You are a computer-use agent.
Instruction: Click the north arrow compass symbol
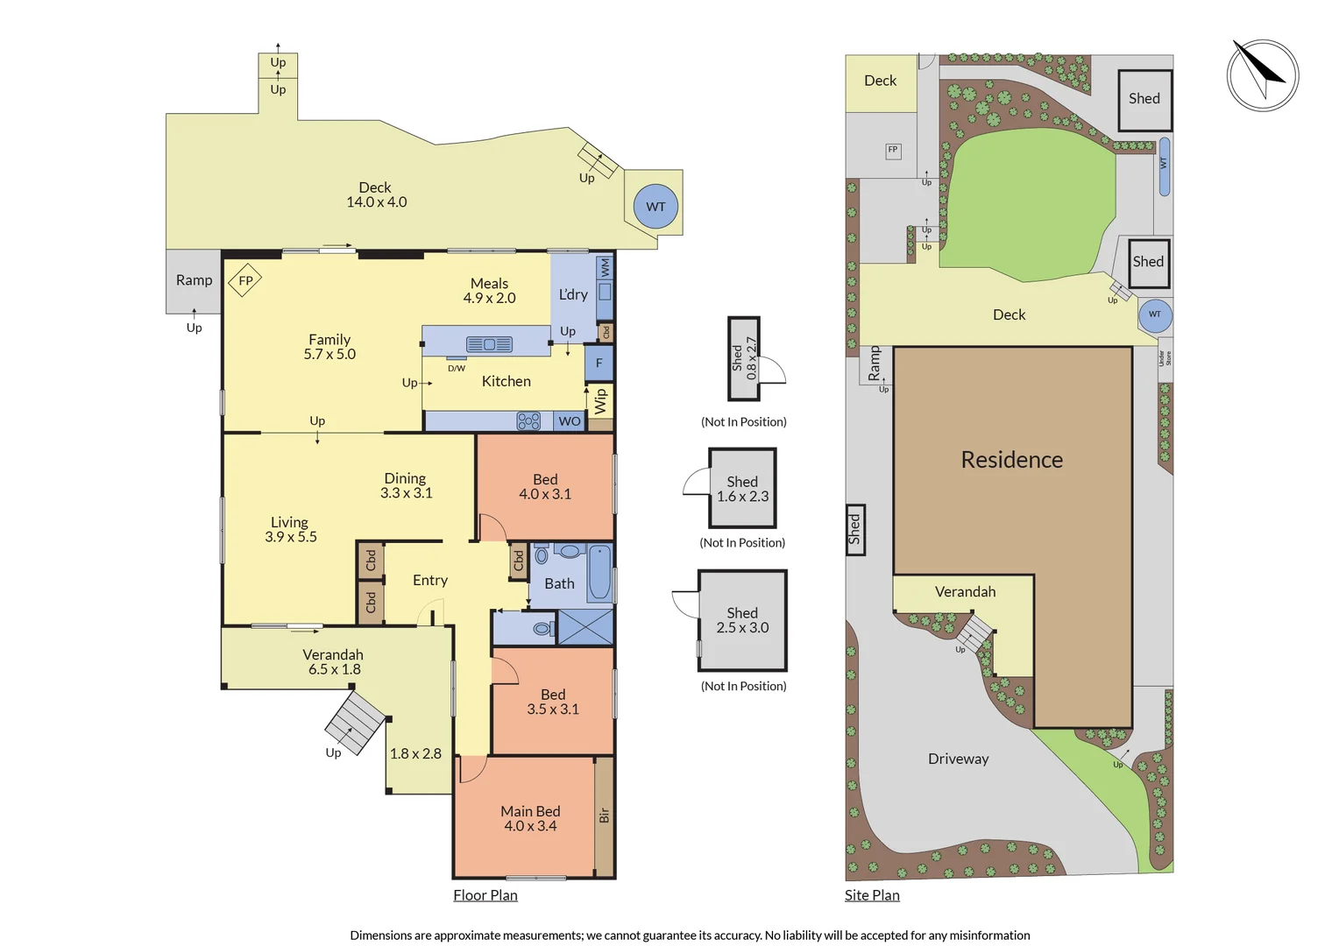[1263, 75]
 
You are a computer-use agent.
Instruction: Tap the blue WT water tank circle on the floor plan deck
[655, 207]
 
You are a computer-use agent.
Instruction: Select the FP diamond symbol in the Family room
[245, 280]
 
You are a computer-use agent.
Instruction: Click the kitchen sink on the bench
[489, 344]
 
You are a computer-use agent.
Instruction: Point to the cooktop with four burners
[528, 421]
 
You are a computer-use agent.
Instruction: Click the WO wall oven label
[570, 421]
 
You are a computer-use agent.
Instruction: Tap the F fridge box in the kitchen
[599, 363]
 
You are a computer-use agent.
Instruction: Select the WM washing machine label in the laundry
[605, 268]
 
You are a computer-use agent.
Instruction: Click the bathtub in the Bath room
[599, 573]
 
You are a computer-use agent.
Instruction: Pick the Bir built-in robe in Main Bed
[604, 815]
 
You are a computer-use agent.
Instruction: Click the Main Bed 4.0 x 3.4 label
[530, 818]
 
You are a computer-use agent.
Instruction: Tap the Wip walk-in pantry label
[600, 401]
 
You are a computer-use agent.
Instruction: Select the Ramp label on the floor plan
[194, 280]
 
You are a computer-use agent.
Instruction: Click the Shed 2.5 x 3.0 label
[742, 620]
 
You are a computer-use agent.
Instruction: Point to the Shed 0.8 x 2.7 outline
[744, 358]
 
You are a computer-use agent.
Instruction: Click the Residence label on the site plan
[1011, 460]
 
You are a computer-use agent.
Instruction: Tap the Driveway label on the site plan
[958, 759]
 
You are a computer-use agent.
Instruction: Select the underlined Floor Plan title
[485, 895]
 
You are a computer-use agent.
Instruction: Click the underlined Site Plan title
[872, 895]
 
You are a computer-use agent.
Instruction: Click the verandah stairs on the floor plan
[354, 723]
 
